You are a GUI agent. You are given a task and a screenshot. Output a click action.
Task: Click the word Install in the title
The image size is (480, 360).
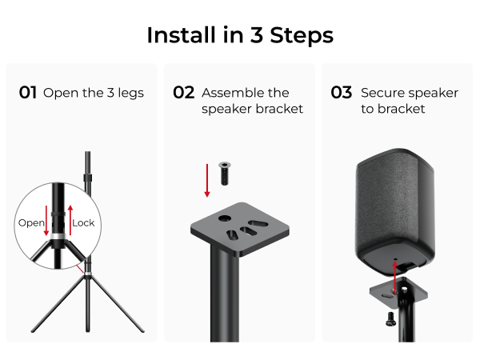coord(178,35)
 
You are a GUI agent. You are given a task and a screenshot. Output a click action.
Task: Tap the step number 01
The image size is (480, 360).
coord(28,93)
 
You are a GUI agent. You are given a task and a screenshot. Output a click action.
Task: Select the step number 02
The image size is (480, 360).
coord(184,93)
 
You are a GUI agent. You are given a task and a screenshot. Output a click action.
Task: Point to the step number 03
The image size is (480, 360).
coord(342,93)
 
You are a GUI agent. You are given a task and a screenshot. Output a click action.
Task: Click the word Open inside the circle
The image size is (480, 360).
coord(31,222)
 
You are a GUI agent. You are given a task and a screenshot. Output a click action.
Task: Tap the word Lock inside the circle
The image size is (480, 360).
coord(83,222)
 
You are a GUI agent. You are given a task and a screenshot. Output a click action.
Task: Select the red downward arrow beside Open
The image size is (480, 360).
coord(46,221)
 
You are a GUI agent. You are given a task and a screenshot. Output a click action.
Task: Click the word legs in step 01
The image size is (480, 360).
coord(130,93)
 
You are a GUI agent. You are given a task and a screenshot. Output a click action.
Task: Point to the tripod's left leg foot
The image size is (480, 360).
coord(34,329)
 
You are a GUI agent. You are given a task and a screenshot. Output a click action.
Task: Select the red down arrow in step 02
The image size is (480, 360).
coord(207,179)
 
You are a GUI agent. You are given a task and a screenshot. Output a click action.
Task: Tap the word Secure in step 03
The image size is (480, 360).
coord(383,93)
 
